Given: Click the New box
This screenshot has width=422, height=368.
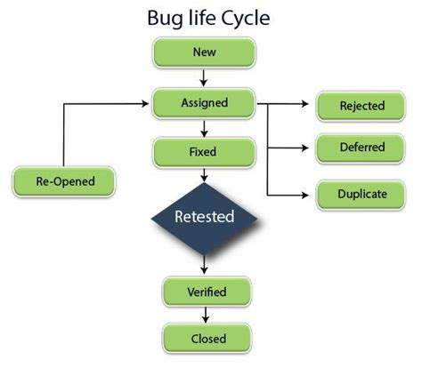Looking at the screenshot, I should (x=204, y=52).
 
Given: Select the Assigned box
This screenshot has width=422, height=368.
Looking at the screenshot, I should (x=204, y=102).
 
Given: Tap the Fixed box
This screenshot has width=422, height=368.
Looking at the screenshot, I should (x=204, y=152).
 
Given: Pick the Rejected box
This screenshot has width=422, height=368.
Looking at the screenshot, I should (x=361, y=107).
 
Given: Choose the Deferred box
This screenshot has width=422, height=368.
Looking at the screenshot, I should (x=361, y=148).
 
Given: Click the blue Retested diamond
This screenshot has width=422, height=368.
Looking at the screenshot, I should (x=204, y=216).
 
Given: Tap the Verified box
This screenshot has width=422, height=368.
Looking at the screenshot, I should (x=207, y=292).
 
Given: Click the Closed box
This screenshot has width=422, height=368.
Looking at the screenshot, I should (x=207, y=338).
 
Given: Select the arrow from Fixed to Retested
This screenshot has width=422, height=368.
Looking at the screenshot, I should (x=205, y=175).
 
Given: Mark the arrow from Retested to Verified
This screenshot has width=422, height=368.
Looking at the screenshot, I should (x=206, y=265).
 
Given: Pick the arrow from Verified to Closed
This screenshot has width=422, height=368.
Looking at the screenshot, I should (x=206, y=315).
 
